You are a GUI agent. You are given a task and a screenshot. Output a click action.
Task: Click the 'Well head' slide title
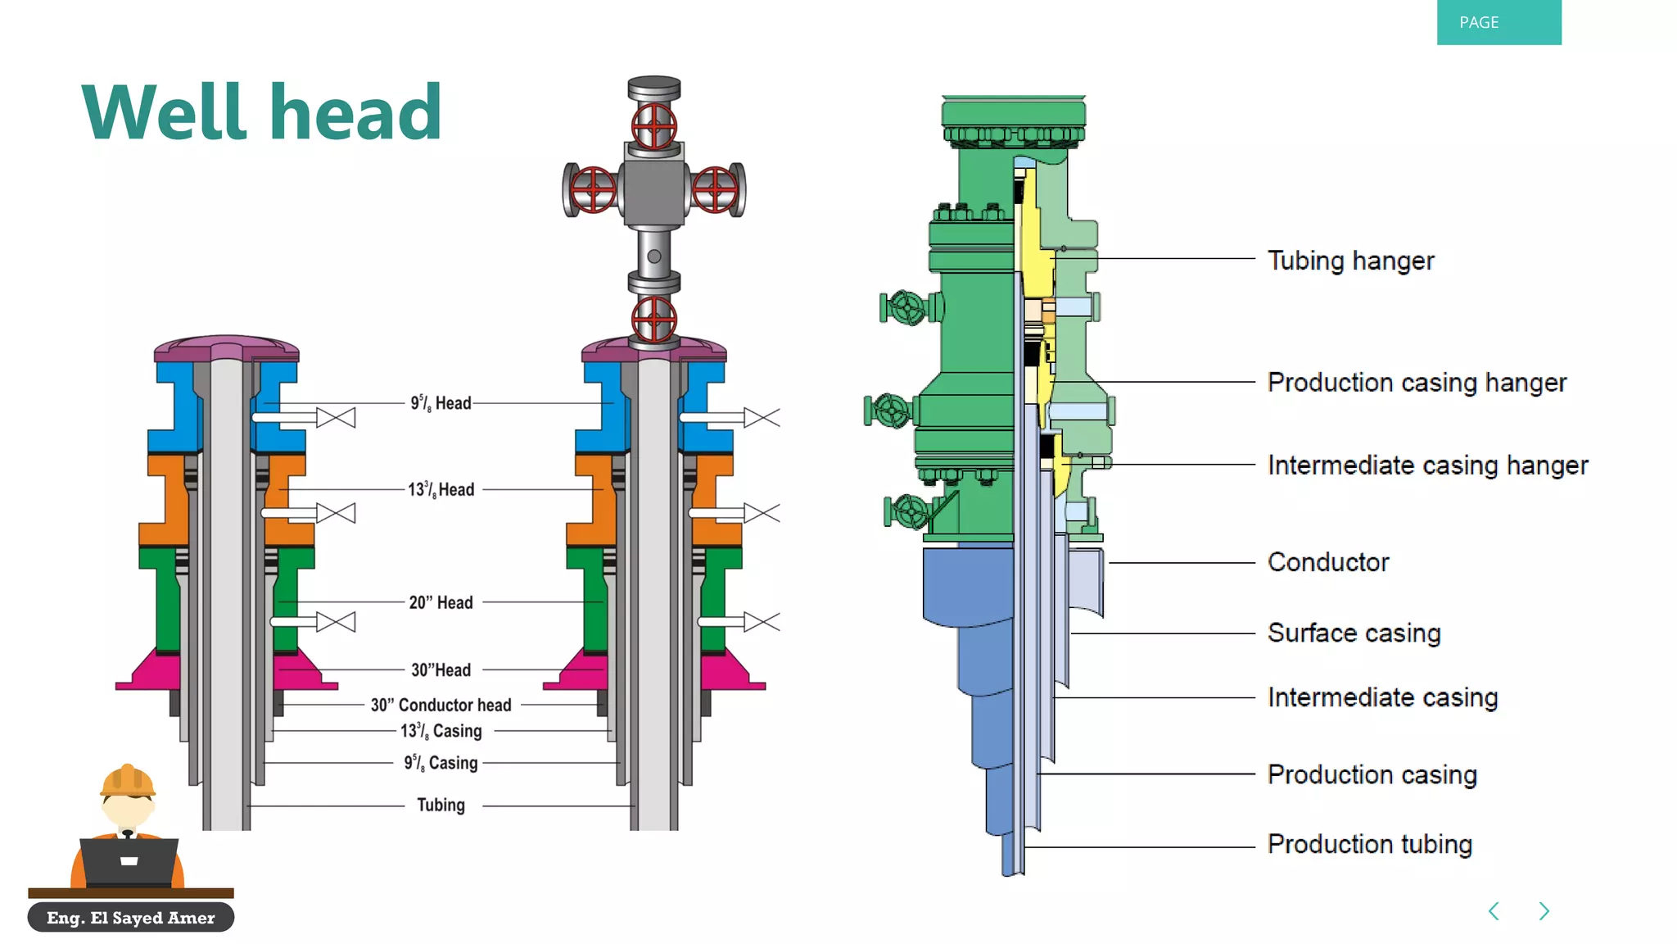click(262, 113)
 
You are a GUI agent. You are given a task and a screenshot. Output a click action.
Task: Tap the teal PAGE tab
click(1498, 22)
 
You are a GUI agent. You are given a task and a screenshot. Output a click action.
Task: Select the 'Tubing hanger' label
click(1350, 261)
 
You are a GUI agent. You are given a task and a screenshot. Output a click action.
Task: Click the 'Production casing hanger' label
click(1416, 383)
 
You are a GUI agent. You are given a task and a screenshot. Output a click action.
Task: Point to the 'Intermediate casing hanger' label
click(1426, 465)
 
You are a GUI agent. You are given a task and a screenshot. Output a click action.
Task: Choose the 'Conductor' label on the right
click(1327, 562)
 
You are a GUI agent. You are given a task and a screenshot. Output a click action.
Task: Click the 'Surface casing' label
click(1354, 633)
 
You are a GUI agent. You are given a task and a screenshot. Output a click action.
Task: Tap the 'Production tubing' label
click(1369, 844)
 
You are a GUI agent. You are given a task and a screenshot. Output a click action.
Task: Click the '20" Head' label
click(441, 603)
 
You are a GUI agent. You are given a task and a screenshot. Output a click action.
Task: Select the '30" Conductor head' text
click(441, 706)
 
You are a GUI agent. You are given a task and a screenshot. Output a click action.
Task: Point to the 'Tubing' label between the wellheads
click(441, 806)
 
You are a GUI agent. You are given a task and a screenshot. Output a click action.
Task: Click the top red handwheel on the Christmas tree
click(653, 126)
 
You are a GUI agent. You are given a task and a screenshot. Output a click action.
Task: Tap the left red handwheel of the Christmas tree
click(593, 189)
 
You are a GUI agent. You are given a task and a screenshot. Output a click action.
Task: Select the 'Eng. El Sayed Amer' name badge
click(131, 918)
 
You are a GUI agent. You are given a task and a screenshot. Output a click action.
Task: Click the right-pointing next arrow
click(1544, 911)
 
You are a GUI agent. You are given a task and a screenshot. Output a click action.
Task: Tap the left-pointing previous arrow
click(1494, 911)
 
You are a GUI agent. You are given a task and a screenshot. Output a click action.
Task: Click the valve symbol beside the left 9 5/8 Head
click(336, 418)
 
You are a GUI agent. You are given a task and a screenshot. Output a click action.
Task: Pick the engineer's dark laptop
click(129, 862)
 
